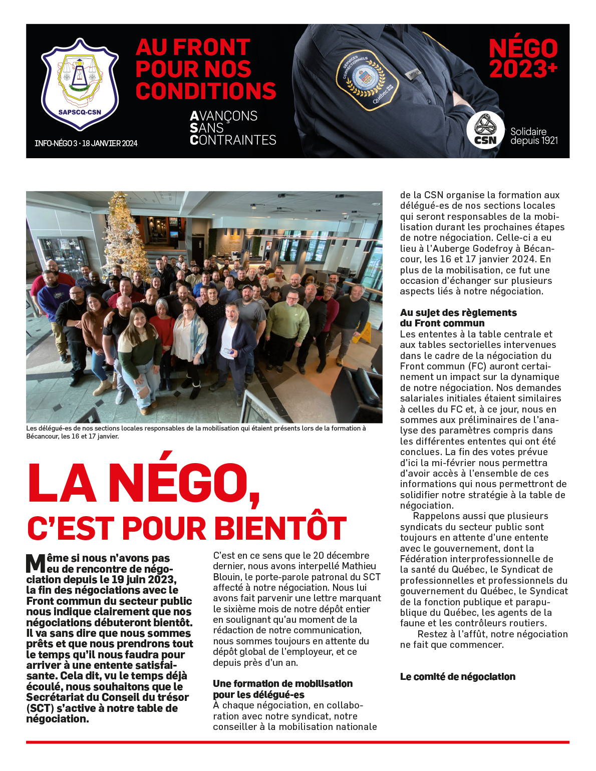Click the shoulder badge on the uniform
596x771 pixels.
click(367, 79)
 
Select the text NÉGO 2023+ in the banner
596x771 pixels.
click(523, 59)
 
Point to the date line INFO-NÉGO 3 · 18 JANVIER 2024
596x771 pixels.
click(86, 144)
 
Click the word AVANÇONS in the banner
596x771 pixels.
click(223, 116)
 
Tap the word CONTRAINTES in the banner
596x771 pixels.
click(233, 140)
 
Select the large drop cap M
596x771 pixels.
click(36, 563)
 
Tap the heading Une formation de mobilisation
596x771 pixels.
click(282, 684)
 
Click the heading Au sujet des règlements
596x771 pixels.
click(458, 313)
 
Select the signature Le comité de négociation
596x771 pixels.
click(458, 677)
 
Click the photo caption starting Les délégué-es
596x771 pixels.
click(196, 432)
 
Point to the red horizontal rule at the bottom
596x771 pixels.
click(297, 742)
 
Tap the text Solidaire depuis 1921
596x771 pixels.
click(534, 136)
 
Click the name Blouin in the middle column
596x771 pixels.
click(227, 577)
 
